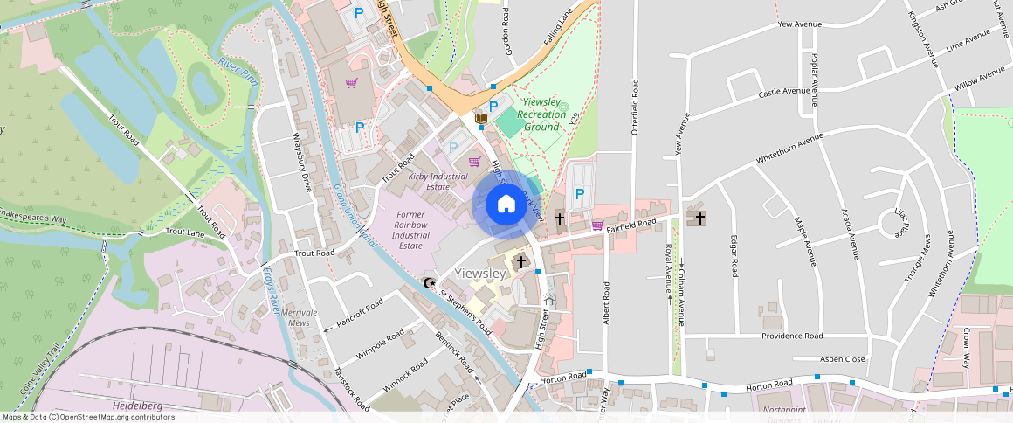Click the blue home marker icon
click(x=507, y=205)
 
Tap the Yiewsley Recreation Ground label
click(x=541, y=114)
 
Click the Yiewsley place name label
click(x=480, y=274)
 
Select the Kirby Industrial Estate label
click(x=438, y=181)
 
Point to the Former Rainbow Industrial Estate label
click(x=410, y=230)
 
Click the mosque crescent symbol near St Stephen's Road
click(x=429, y=282)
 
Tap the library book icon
click(x=479, y=117)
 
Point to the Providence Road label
click(x=791, y=336)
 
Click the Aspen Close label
click(x=842, y=359)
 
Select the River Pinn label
click(x=238, y=73)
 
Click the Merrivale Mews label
click(x=300, y=317)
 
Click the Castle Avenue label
click(x=783, y=91)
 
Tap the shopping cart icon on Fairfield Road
click(x=597, y=225)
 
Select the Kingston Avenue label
click(x=921, y=39)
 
